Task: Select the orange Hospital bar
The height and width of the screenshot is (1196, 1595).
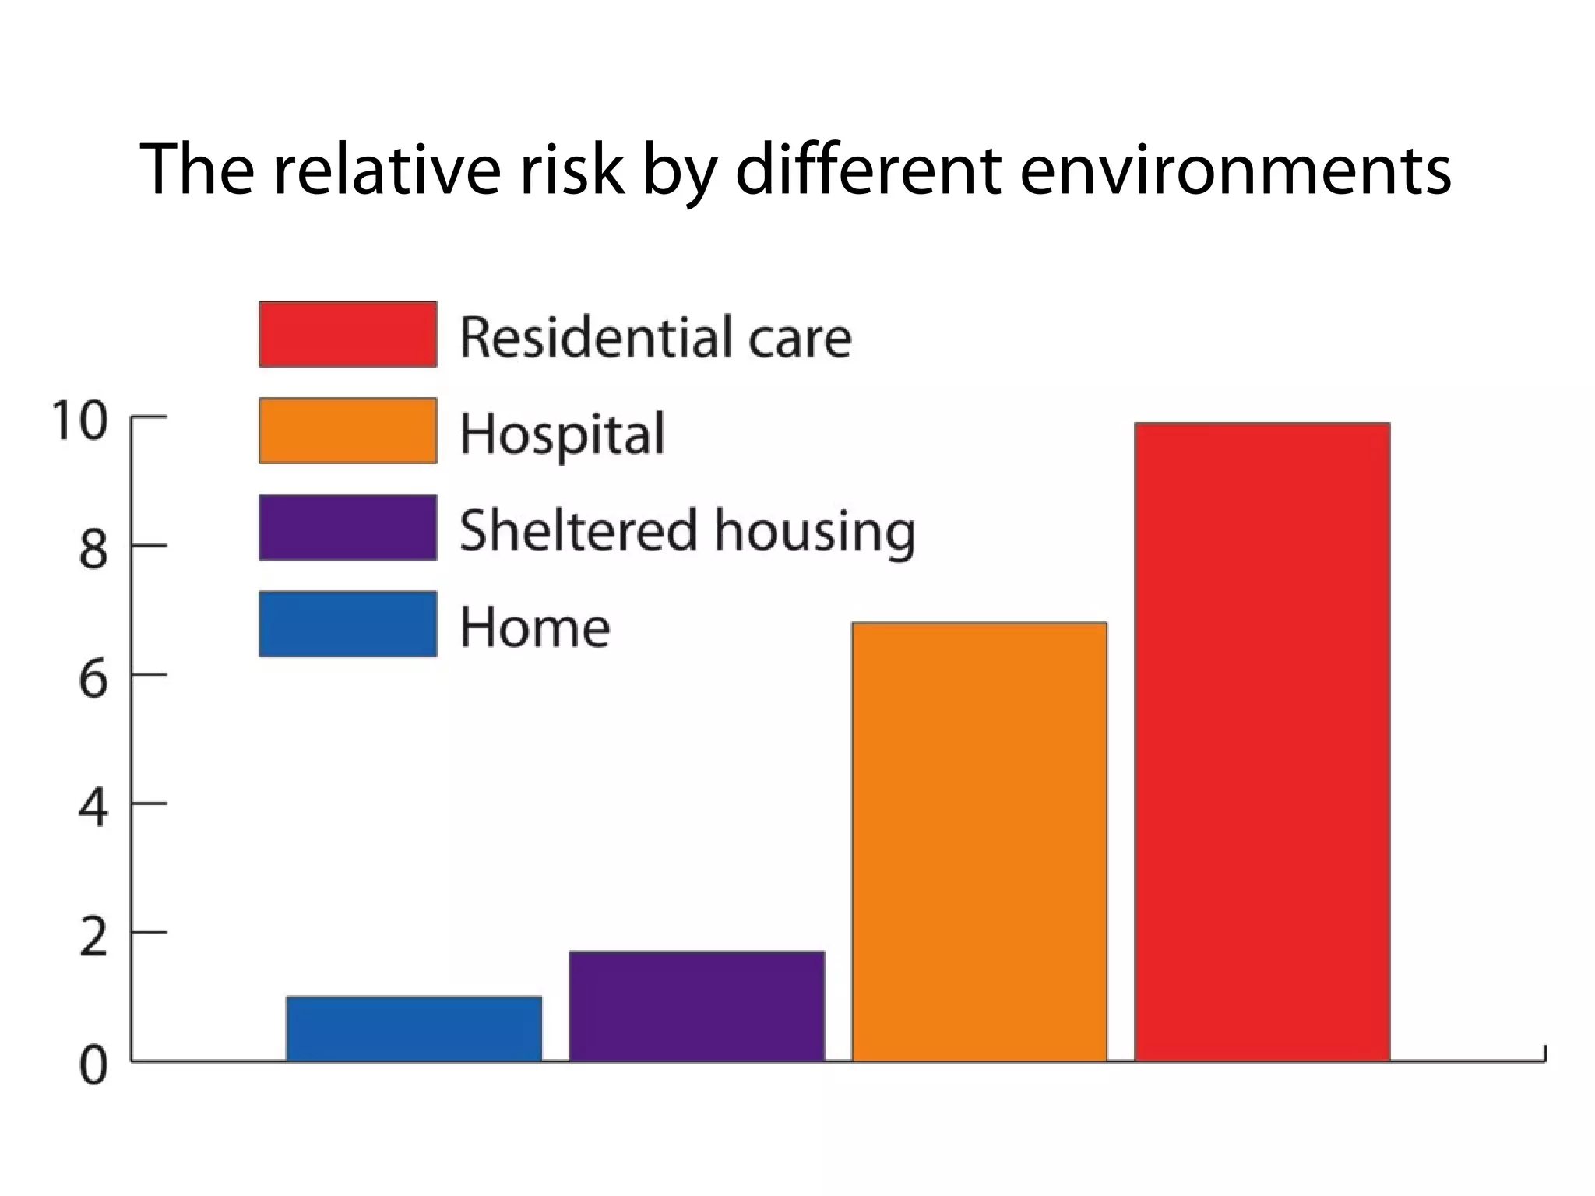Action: tap(979, 841)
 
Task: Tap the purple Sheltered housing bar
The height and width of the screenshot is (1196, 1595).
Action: tap(696, 1005)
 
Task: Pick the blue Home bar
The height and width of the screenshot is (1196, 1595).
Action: tap(414, 1028)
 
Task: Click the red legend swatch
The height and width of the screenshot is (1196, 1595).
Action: tap(347, 334)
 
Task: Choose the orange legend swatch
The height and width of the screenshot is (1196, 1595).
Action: tap(347, 431)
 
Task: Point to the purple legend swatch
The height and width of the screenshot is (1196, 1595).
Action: tap(347, 527)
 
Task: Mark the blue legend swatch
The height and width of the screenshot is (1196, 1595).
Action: tap(347, 624)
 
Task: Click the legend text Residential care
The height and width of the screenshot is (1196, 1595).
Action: tap(656, 337)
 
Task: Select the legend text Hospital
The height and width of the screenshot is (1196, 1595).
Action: tap(562, 434)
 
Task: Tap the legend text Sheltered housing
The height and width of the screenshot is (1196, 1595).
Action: tap(687, 531)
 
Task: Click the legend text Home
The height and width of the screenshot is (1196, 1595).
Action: tap(535, 628)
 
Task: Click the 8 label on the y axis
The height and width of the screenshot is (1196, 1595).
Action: tap(93, 550)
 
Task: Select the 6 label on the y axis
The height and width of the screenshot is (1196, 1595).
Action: tap(93, 679)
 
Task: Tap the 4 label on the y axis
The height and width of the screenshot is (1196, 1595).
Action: tap(93, 808)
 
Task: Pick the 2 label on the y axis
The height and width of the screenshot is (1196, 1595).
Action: tap(93, 937)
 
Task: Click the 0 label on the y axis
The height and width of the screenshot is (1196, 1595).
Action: tap(93, 1067)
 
